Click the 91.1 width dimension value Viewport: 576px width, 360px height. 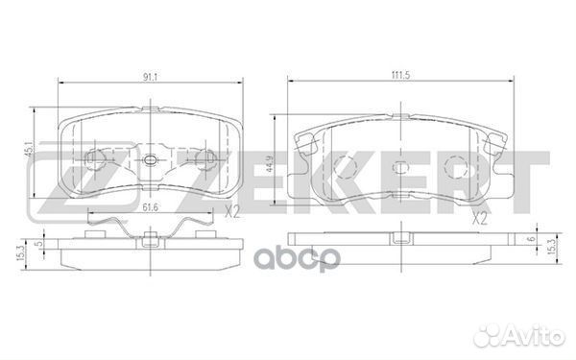tap(150, 77)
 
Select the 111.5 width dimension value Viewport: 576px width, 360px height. tap(400, 75)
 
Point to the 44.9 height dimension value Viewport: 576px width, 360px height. tap(270, 164)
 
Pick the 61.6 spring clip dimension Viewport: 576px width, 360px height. tap(150, 208)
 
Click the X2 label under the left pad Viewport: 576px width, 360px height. tap(232, 212)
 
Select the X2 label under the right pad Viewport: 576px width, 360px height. tap(480, 219)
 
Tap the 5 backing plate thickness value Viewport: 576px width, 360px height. tap(39, 243)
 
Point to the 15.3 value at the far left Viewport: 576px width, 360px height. tap(20, 252)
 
